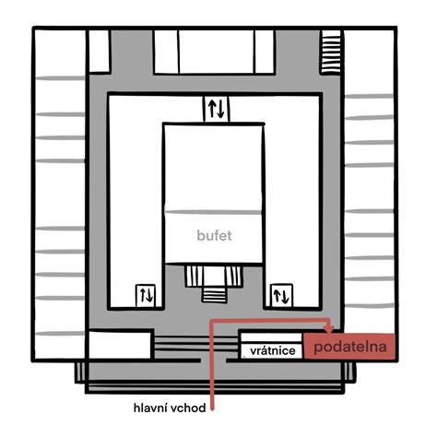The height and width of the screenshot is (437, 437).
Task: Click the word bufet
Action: pyautogui.click(x=214, y=235)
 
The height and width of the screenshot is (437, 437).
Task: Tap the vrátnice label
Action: pyautogui.click(x=273, y=350)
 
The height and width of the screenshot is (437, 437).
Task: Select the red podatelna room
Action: pyautogui.click(x=349, y=346)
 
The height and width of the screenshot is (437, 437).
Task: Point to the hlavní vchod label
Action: pyautogui.click(x=170, y=408)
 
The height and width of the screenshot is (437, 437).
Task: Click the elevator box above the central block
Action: pyautogui.click(x=216, y=109)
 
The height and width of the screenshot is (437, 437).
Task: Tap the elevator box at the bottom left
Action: pyautogui.click(x=146, y=296)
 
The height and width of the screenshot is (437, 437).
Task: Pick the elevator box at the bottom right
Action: pyautogui.click(x=281, y=295)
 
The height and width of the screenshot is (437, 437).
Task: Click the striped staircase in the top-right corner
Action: pyautogui.click(x=331, y=52)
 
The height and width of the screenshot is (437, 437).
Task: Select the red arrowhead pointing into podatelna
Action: pyautogui.click(x=329, y=329)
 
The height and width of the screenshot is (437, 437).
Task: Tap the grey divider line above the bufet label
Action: pyautogui.click(x=213, y=212)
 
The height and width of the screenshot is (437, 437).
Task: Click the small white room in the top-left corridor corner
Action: pyautogui.click(x=99, y=51)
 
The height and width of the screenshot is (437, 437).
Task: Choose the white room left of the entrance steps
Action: pyautogui.click(x=120, y=345)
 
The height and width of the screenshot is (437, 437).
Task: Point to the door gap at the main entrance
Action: pyautogui.click(x=214, y=360)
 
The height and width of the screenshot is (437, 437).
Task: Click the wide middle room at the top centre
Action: pyautogui.click(x=217, y=52)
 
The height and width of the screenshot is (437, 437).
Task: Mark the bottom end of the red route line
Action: pyautogui.click(x=212, y=409)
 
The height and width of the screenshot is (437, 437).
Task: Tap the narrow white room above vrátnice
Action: pyautogui.click(x=271, y=337)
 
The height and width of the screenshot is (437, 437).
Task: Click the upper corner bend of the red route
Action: pyautogui.click(x=212, y=321)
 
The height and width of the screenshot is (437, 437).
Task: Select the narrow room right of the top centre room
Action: pyautogui.click(x=265, y=52)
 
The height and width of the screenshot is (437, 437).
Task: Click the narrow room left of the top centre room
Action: pyautogui.click(x=166, y=52)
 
